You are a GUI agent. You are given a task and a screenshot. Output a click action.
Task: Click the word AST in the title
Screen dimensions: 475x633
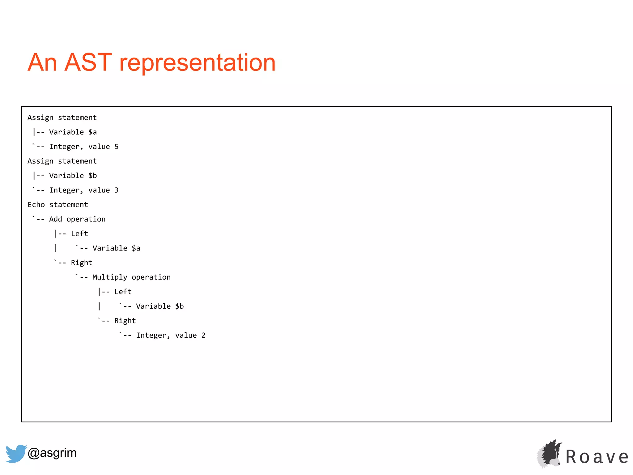(88, 62)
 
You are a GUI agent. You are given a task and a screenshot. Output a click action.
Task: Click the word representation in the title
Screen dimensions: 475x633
(197, 63)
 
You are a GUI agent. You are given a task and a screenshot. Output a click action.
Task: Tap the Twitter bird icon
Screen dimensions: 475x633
(15, 453)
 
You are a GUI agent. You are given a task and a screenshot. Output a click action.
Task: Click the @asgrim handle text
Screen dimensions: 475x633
(52, 453)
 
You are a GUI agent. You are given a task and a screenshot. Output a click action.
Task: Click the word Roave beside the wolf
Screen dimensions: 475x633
(597, 457)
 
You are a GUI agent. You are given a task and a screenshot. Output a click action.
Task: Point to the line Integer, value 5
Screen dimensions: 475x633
(84, 147)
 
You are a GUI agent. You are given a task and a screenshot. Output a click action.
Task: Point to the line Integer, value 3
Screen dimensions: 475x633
(84, 190)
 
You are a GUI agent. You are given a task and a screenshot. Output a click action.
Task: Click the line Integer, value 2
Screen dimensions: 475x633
(171, 335)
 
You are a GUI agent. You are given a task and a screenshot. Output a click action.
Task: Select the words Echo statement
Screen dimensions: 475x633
(58, 205)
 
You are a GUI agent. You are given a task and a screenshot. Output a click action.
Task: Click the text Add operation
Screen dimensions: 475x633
(77, 219)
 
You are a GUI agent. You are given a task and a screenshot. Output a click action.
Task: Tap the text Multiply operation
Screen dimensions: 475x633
(131, 277)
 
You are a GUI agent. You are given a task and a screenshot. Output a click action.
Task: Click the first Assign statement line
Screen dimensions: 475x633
(62, 118)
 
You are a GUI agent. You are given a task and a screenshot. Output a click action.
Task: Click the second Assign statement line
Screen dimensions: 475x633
(62, 161)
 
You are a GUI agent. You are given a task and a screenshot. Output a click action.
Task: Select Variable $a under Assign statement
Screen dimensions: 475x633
(73, 132)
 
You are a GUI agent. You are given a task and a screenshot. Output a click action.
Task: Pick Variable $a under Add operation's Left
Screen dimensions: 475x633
(116, 248)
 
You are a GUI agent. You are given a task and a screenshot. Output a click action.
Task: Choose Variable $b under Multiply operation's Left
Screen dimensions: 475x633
(160, 306)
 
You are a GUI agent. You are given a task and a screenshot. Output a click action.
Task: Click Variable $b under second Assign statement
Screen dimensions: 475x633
(73, 176)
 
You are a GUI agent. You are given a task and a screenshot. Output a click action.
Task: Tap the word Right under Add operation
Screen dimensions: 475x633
(82, 263)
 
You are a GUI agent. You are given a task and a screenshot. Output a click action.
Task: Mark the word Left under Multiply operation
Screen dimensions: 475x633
(123, 292)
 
